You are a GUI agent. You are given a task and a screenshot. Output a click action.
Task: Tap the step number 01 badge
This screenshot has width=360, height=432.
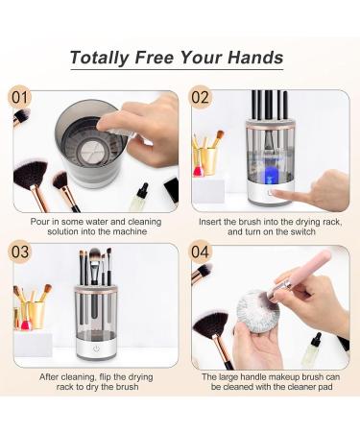tap(20, 97)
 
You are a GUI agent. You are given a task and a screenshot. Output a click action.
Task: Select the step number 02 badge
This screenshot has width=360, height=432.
tap(200, 97)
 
